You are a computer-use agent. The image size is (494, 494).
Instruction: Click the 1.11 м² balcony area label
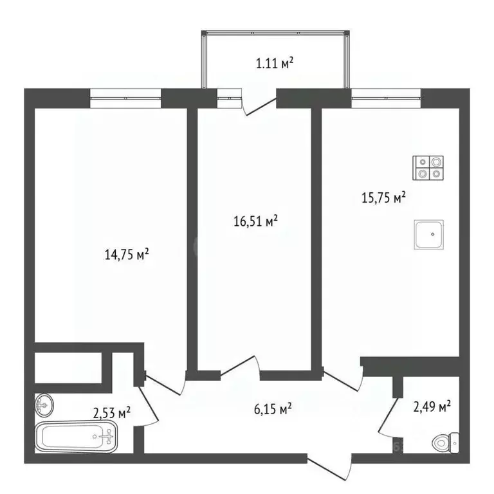tap(274, 63)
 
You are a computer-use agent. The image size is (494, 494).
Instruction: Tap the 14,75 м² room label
tap(127, 255)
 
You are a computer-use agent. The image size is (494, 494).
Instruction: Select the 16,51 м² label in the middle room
tap(255, 222)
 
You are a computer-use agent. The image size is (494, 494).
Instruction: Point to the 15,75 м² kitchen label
tap(383, 198)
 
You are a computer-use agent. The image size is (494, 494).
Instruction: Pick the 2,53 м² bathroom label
tap(112, 412)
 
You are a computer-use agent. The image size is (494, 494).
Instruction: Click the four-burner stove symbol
tap(429, 167)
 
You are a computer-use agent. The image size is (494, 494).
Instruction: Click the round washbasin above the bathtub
tap(44, 404)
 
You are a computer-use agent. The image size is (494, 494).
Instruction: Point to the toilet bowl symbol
tap(444, 443)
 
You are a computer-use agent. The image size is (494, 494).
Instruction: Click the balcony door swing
tap(258, 104)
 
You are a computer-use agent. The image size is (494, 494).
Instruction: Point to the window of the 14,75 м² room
tap(125, 98)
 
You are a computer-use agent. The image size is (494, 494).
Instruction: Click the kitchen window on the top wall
tap(386, 98)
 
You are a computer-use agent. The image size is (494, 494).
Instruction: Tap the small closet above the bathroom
tap(68, 367)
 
